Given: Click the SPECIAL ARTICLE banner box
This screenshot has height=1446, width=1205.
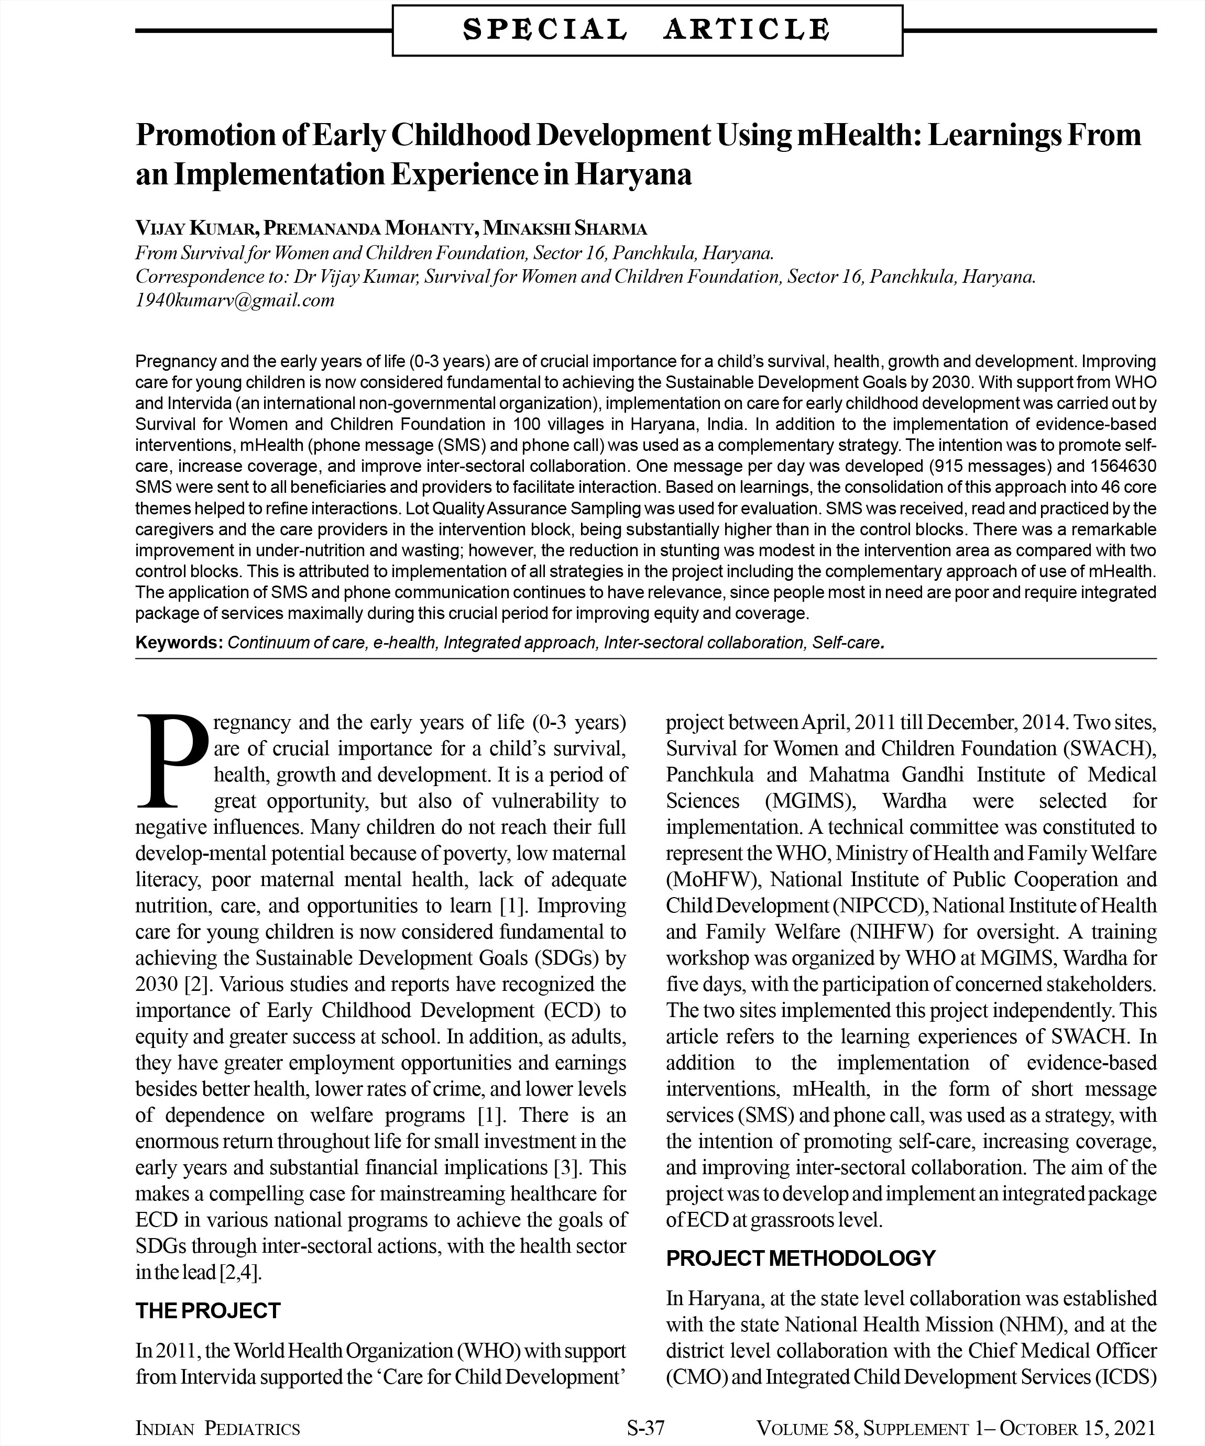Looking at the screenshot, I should tap(647, 30).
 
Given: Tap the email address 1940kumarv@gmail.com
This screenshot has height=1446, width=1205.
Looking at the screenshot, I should tap(235, 300).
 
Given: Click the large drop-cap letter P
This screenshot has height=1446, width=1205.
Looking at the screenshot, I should tap(171, 761).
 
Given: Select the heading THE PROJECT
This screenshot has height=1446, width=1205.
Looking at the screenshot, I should tap(208, 1310).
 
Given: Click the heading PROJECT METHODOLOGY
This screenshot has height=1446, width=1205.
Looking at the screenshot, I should tap(801, 1258).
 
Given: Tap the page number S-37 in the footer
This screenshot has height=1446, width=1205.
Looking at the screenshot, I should tap(645, 1428).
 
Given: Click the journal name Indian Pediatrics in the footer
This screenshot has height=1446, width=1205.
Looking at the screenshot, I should tap(218, 1428).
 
